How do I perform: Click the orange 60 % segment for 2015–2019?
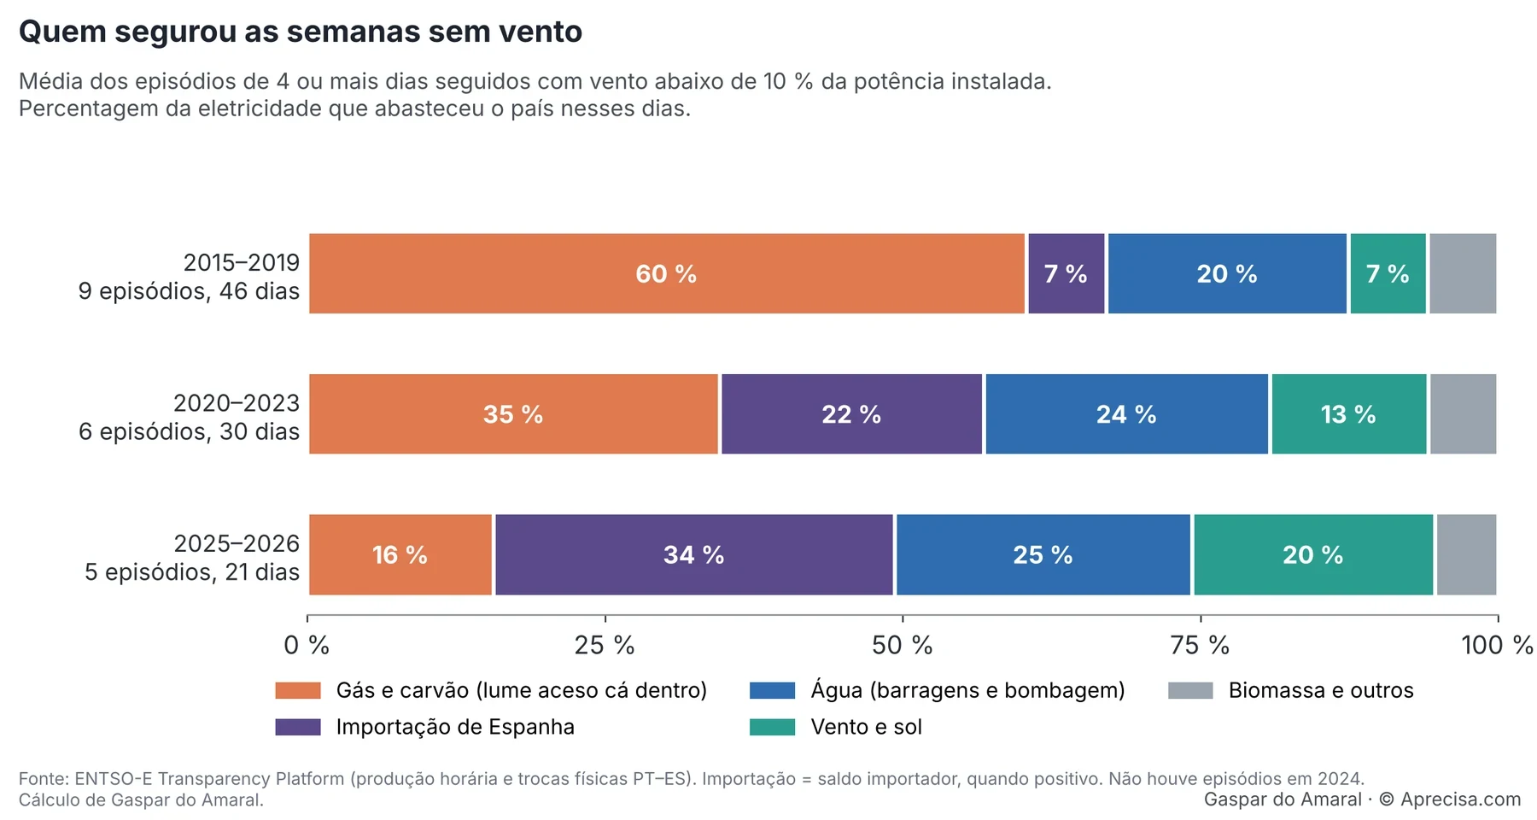pos(667,273)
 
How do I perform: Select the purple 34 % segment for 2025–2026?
pos(694,554)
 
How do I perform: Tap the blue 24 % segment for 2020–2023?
pos(1127,414)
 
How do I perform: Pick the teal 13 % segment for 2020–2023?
pos(1349,414)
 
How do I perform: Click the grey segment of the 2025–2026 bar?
pos(1467,554)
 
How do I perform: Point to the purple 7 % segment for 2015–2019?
pos(1067,273)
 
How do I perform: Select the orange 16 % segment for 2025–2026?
pos(400,554)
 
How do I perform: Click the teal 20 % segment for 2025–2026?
pos(1313,554)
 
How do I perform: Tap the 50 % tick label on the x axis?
pos(903,646)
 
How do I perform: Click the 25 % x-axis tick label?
pos(605,646)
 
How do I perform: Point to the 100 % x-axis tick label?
pos(1498,646)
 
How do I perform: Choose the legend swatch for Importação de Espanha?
pos(298,727)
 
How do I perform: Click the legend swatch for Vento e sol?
pos(772,727)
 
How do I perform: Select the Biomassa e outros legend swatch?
pos(1190,690)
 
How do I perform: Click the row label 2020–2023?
pos(237,402)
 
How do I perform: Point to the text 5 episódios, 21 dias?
pos(192,572)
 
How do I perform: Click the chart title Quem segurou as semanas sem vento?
pos(301,32)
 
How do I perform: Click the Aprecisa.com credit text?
pos(1460,799)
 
